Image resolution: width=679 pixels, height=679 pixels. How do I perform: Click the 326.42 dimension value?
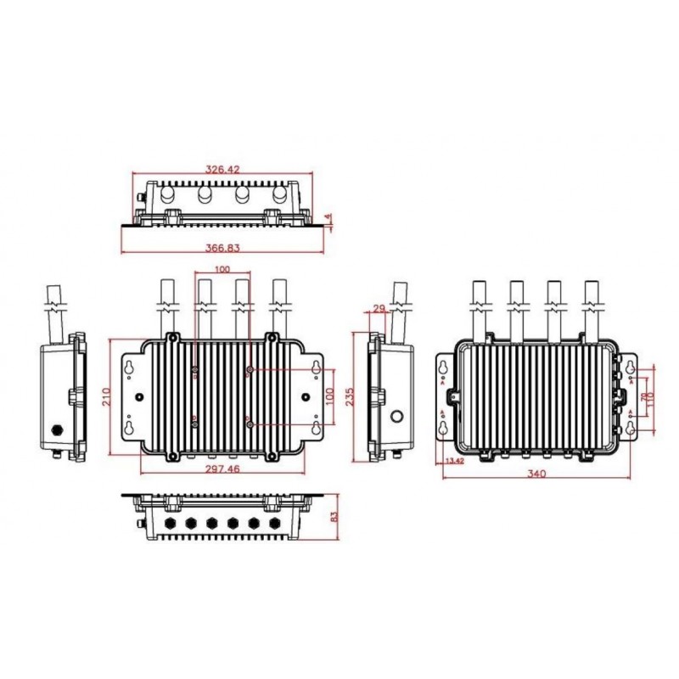(222, 170)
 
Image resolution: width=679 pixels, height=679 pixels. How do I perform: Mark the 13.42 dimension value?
(454, 461)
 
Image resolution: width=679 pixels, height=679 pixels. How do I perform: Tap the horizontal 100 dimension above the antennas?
(222, 269)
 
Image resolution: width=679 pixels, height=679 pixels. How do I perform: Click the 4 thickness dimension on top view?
(329, 219)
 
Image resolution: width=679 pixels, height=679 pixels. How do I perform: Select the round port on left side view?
(58, 429)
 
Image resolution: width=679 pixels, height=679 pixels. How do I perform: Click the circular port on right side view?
(396, 418)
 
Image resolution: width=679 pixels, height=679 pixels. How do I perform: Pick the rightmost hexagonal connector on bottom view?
(273, 522)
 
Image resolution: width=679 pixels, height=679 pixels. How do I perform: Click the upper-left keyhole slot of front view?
(129, 367)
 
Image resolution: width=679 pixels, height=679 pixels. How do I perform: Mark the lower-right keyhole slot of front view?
(316, 429)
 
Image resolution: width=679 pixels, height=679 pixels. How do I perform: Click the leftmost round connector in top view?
(167, 195)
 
